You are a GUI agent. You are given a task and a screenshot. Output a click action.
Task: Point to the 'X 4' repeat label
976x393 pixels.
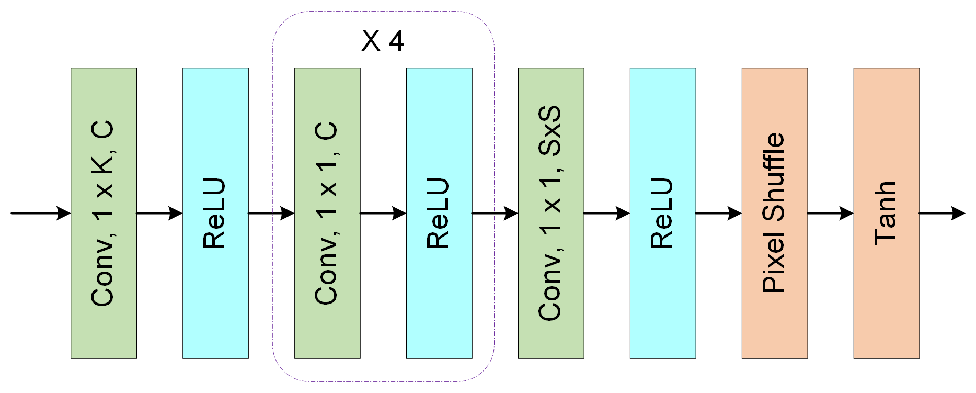click(x=382, y=41)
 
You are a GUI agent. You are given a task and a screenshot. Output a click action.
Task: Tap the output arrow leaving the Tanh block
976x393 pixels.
click(x=941, y=213)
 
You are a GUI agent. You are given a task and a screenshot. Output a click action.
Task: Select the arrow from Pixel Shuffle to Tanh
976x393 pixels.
click(x=830, y=213)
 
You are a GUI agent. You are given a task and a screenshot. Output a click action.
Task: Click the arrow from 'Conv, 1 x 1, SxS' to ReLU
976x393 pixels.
click(x=606, y=213)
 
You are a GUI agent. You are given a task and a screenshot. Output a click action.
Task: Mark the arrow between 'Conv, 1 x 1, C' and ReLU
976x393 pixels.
click(x=383, y=213)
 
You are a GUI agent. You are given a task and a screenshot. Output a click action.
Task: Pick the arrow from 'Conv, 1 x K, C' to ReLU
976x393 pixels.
click(x=159, y=213)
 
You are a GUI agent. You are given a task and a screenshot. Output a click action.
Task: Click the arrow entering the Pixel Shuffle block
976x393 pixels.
click(x=718, y=213)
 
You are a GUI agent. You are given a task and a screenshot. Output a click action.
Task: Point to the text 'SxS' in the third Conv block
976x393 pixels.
click(x=550, y=131)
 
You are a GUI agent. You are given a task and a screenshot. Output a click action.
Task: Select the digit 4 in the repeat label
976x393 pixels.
click(x=396, y=41)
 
